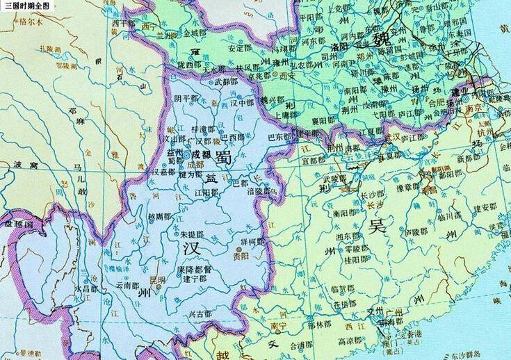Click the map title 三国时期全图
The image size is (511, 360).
click(x=27, y=6)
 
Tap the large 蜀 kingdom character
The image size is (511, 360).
click(x=225, y=157)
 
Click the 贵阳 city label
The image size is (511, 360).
click(x=241, y=256)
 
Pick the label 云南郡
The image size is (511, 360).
click(x=128, y=285)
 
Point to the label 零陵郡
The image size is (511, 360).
click(x=337, y=247)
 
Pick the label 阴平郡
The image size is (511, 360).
click(x=186, y=99)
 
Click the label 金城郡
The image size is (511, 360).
click(x=195, y=33)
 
